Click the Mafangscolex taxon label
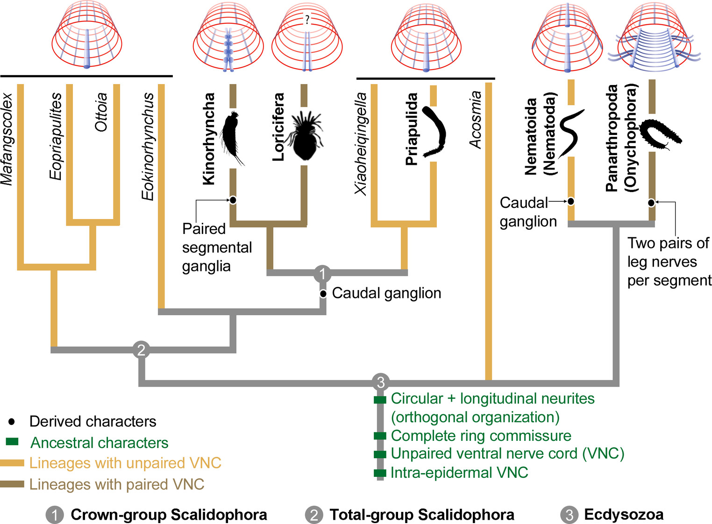pyautogui.click(x=7, y=139)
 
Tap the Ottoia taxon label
pyautogui.click(x=101, y=112)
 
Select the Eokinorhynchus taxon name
pyautogui.click(x=148, y=146)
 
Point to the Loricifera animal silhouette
pyautogui.click(x=305, y=135)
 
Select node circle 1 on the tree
pyautogui.click(x=322, y=273)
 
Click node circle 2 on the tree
pyautogui.click(x=141, y=349)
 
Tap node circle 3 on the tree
pyautogui.click(x=381, y=382)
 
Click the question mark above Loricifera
pyautogui.click(x=307, y=20)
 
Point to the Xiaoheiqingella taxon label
pyautogui.click(x=361, y=143)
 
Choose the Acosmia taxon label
pyautogui.click(x=475, y=120)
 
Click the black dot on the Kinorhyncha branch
pyautogui.click(x=233, y=200)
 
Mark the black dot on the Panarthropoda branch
pyautogui.click(x=651, y=203)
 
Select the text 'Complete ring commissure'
pyautogui.click(x=481, y=436)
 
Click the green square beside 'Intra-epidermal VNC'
pyautogui.click(x=380, y=473)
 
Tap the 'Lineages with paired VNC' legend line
pyautogui.click(x=12, y=484)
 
